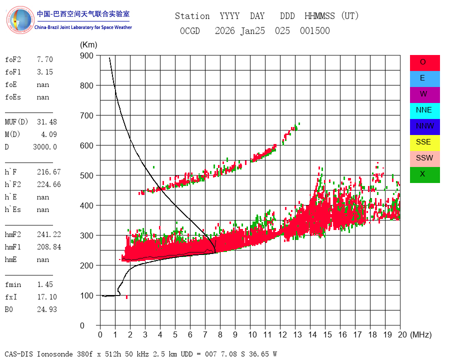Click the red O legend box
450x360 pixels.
pos(424,62)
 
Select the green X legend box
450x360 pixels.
pos(424,174)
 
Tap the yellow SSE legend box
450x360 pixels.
pos(424,142)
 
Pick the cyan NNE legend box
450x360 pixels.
pos(424,110)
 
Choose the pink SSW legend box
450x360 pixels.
pos(424,158)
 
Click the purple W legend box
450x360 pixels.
pos(424,94)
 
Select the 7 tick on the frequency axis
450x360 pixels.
pos(205,334)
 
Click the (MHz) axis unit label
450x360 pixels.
pos(420,334)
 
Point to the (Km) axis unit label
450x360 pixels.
pos(88,45)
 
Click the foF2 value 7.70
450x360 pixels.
pos(44,59)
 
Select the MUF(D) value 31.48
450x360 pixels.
pos(46,122)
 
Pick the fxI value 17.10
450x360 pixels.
pos(46,297)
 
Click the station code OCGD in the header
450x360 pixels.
pos(189,31)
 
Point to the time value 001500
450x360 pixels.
pos(314,31)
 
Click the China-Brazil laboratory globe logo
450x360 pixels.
pos(20,20)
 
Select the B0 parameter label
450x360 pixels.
pos(10,309)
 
